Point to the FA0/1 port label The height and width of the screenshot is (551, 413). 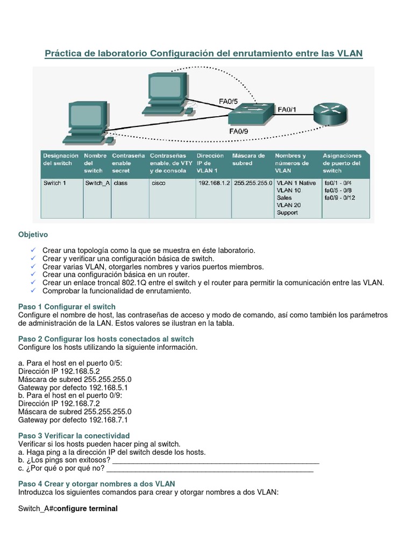click(287, 110)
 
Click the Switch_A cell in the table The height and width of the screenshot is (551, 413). click(97, 183)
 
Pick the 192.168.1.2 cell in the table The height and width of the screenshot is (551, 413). click(213, 183)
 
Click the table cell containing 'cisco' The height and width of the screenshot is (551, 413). click(159, 183)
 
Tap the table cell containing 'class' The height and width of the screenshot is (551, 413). click(120, 183)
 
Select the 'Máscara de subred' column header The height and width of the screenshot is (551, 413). click(248, 159)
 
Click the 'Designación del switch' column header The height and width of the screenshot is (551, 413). click(58, 159)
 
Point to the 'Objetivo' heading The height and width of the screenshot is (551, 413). click(33, 235)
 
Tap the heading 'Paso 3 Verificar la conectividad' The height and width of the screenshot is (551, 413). click(74, 435)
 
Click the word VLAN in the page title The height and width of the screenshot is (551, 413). click(350, 53)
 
